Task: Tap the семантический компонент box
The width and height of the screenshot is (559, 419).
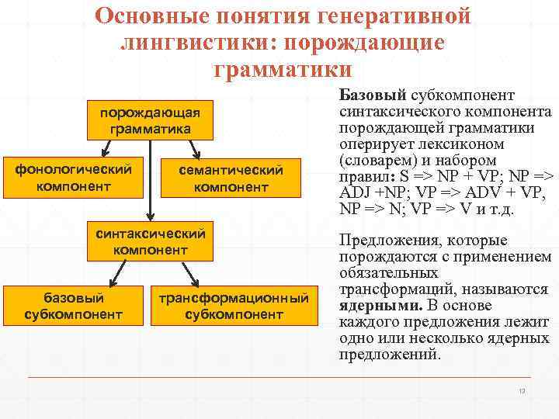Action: tap(231, 178)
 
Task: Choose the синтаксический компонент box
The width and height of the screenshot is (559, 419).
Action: tap(150, 241)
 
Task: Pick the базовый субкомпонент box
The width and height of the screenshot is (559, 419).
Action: tap(73, 305)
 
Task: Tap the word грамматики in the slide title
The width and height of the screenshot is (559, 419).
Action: tap(283, 68)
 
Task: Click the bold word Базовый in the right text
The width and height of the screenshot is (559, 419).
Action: tap(373, 95)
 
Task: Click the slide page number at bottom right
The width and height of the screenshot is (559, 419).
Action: tap(523, 391)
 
